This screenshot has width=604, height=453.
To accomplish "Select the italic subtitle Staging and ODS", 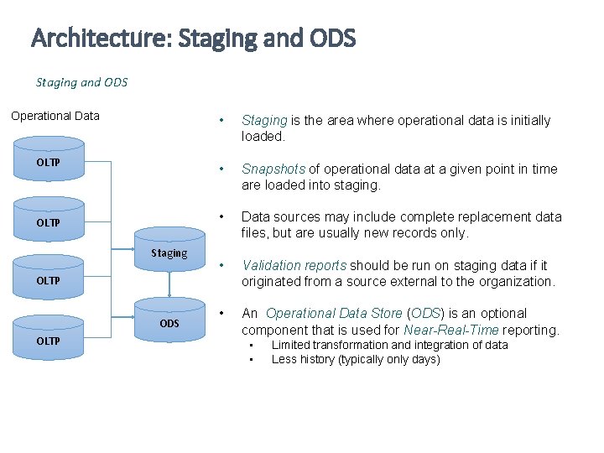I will tap(81, 82).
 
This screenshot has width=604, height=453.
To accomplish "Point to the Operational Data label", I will tap(55, 116).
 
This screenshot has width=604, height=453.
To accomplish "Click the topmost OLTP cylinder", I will tap(48, 162).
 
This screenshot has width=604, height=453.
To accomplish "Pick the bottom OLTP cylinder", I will tap(48, 341).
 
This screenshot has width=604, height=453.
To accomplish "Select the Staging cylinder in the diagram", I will tap(169, 253).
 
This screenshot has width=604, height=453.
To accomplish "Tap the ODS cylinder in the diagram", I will tap(169, 323).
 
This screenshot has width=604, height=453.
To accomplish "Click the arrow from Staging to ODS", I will tap(169, 284).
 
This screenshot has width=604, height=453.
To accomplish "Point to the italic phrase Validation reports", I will tap(294, 265).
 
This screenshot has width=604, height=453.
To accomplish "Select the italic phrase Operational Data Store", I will tap(334, 314).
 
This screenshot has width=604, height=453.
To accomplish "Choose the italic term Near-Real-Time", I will tap(451, 330).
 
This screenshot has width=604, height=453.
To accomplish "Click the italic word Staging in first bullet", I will tap(264, 121).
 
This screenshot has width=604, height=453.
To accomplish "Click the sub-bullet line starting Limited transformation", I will tap(389, 345).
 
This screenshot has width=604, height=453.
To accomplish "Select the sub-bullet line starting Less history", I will tap(356, 359).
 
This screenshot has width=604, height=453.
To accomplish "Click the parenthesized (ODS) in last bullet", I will tap(425, 314).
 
